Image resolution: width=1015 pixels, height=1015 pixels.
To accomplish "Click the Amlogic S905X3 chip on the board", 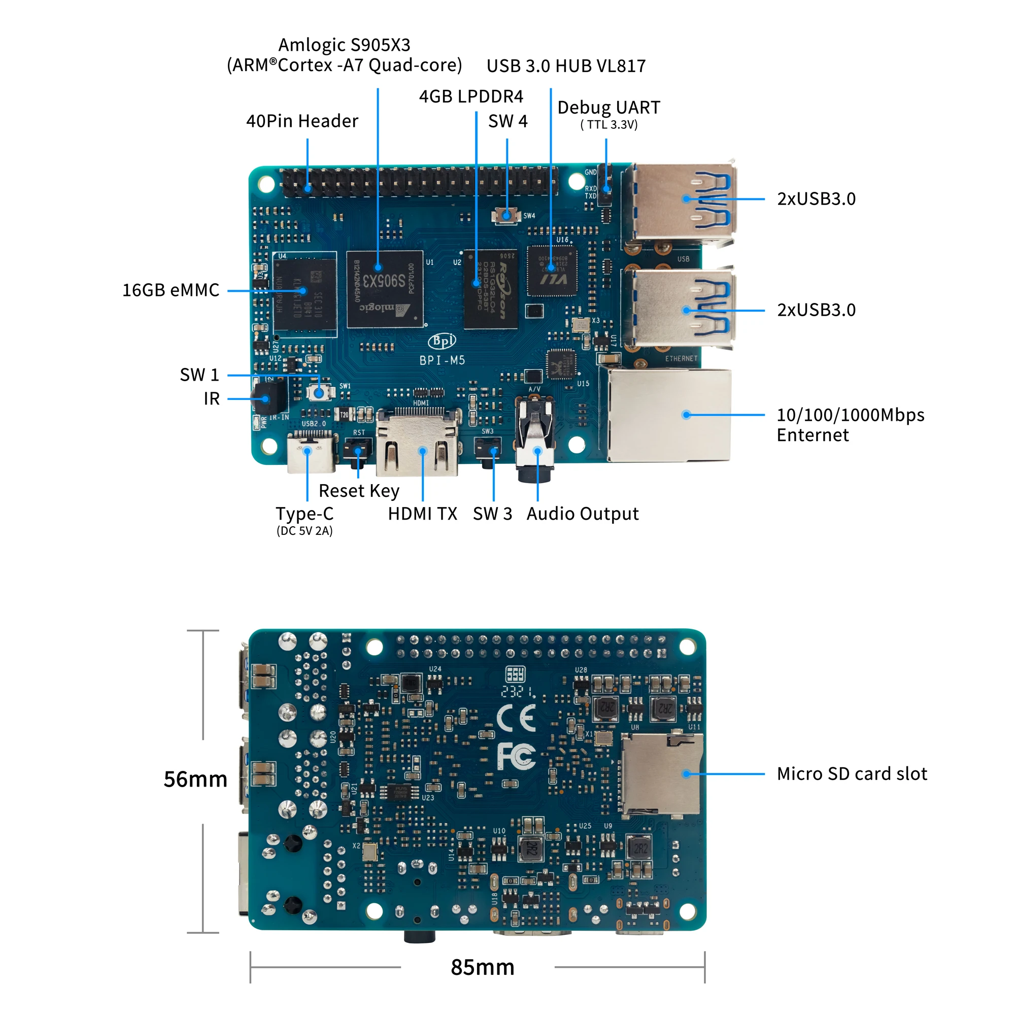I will [x=385, y=288].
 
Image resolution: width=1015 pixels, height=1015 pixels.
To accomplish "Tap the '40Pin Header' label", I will [x=302, y=121].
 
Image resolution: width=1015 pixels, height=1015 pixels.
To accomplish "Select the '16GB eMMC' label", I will [x=171, y=290].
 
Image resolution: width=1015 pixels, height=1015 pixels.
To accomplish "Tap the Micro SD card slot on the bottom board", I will [x=661, y=774].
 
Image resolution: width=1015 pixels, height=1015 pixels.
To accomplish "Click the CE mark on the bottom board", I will [x=517, y=719].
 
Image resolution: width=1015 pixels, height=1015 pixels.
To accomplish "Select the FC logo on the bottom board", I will [x=517, y=757].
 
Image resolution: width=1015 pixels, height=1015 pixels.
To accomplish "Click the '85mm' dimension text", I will [x=482, y=967].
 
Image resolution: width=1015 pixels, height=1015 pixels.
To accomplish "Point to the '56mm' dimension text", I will [x=195, y=779].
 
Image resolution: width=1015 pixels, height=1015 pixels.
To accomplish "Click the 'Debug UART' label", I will [x=608, y=108].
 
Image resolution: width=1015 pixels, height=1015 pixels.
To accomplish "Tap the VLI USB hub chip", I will [x=552, y=271].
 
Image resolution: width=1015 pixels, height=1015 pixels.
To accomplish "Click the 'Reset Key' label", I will [x=359, y=491].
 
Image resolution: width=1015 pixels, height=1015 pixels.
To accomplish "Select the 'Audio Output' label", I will [x=582, y=514].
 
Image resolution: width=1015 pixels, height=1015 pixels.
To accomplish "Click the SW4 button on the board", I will [x=506, y=215].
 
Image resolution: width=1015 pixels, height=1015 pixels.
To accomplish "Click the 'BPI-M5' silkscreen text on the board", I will [x=442, y=360].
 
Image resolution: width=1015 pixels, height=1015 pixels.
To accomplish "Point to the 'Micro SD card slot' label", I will [x=852, y=774].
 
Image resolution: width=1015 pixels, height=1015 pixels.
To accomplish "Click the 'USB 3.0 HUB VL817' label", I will [x=566, y=66].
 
